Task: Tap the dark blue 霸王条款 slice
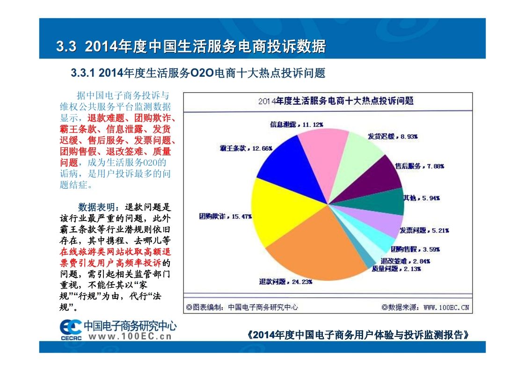281,161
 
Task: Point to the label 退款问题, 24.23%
286,282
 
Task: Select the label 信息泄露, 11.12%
296,125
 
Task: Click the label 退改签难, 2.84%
405,261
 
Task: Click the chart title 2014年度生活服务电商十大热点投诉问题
335,101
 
